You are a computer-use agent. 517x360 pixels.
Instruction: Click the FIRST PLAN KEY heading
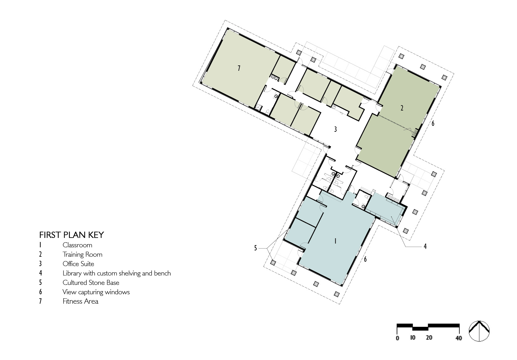coord(71,235)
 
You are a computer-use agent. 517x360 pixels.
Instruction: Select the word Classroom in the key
coord(77,245)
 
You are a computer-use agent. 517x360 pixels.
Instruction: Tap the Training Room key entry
coord(82,255)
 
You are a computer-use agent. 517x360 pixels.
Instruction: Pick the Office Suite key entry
coord(78,264)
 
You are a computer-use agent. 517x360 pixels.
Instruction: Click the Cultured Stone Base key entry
coord(91,283)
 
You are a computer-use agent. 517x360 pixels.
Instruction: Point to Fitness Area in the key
coord(80,301)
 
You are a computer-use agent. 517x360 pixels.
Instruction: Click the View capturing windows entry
coord(96,292)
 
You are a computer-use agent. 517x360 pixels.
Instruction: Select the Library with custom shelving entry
coord(116,273)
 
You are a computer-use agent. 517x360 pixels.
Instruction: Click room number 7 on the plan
coord(239,68)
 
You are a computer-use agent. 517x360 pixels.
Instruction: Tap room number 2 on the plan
coord(402,108)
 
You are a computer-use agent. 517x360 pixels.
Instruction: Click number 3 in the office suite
coord(335,129)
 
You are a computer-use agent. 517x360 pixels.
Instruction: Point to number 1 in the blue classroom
coord(335,241)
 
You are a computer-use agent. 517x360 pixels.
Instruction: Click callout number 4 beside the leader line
coord(425,247)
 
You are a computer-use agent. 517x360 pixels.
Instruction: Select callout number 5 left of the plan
coord(255,248)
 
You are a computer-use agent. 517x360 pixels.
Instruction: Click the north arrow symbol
coord(479,331)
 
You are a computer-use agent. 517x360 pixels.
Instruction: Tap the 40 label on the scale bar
coord(458,338)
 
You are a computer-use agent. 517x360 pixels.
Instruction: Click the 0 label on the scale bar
coord(397,338)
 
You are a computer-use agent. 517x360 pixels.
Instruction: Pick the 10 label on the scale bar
coord(412,338)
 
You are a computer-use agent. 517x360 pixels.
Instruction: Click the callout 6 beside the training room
coord(433,123)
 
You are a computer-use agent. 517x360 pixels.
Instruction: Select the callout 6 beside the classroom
coord(365,259)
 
